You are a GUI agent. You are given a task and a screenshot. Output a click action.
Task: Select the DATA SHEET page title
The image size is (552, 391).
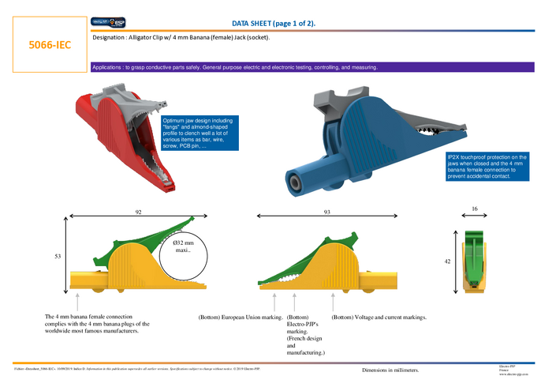(x=274, y=23)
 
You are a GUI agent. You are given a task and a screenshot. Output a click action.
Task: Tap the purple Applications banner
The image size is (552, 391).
(x=315, y=67)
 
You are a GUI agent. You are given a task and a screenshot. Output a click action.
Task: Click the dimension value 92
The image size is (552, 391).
(x=139, y=212)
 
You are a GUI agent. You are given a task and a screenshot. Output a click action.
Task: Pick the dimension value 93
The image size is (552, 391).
(x=327, y=212)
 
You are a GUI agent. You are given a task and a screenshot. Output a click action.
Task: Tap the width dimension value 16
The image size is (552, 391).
(x=473, y=209)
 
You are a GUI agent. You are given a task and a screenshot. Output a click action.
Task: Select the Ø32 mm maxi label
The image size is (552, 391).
(x=184, y=246)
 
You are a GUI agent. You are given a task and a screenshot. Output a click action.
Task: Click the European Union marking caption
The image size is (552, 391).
(x=240, y=318)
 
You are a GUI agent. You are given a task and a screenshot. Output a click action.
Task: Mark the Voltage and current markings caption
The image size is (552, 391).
(x=379, y=318)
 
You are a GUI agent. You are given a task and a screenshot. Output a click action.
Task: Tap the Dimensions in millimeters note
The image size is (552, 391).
(x=390, y=370)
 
